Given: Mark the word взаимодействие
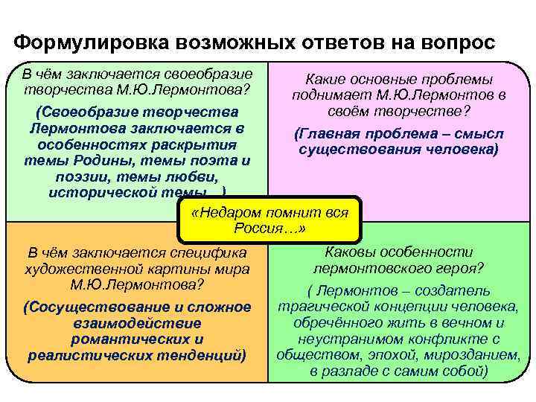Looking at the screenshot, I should (137, 323).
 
